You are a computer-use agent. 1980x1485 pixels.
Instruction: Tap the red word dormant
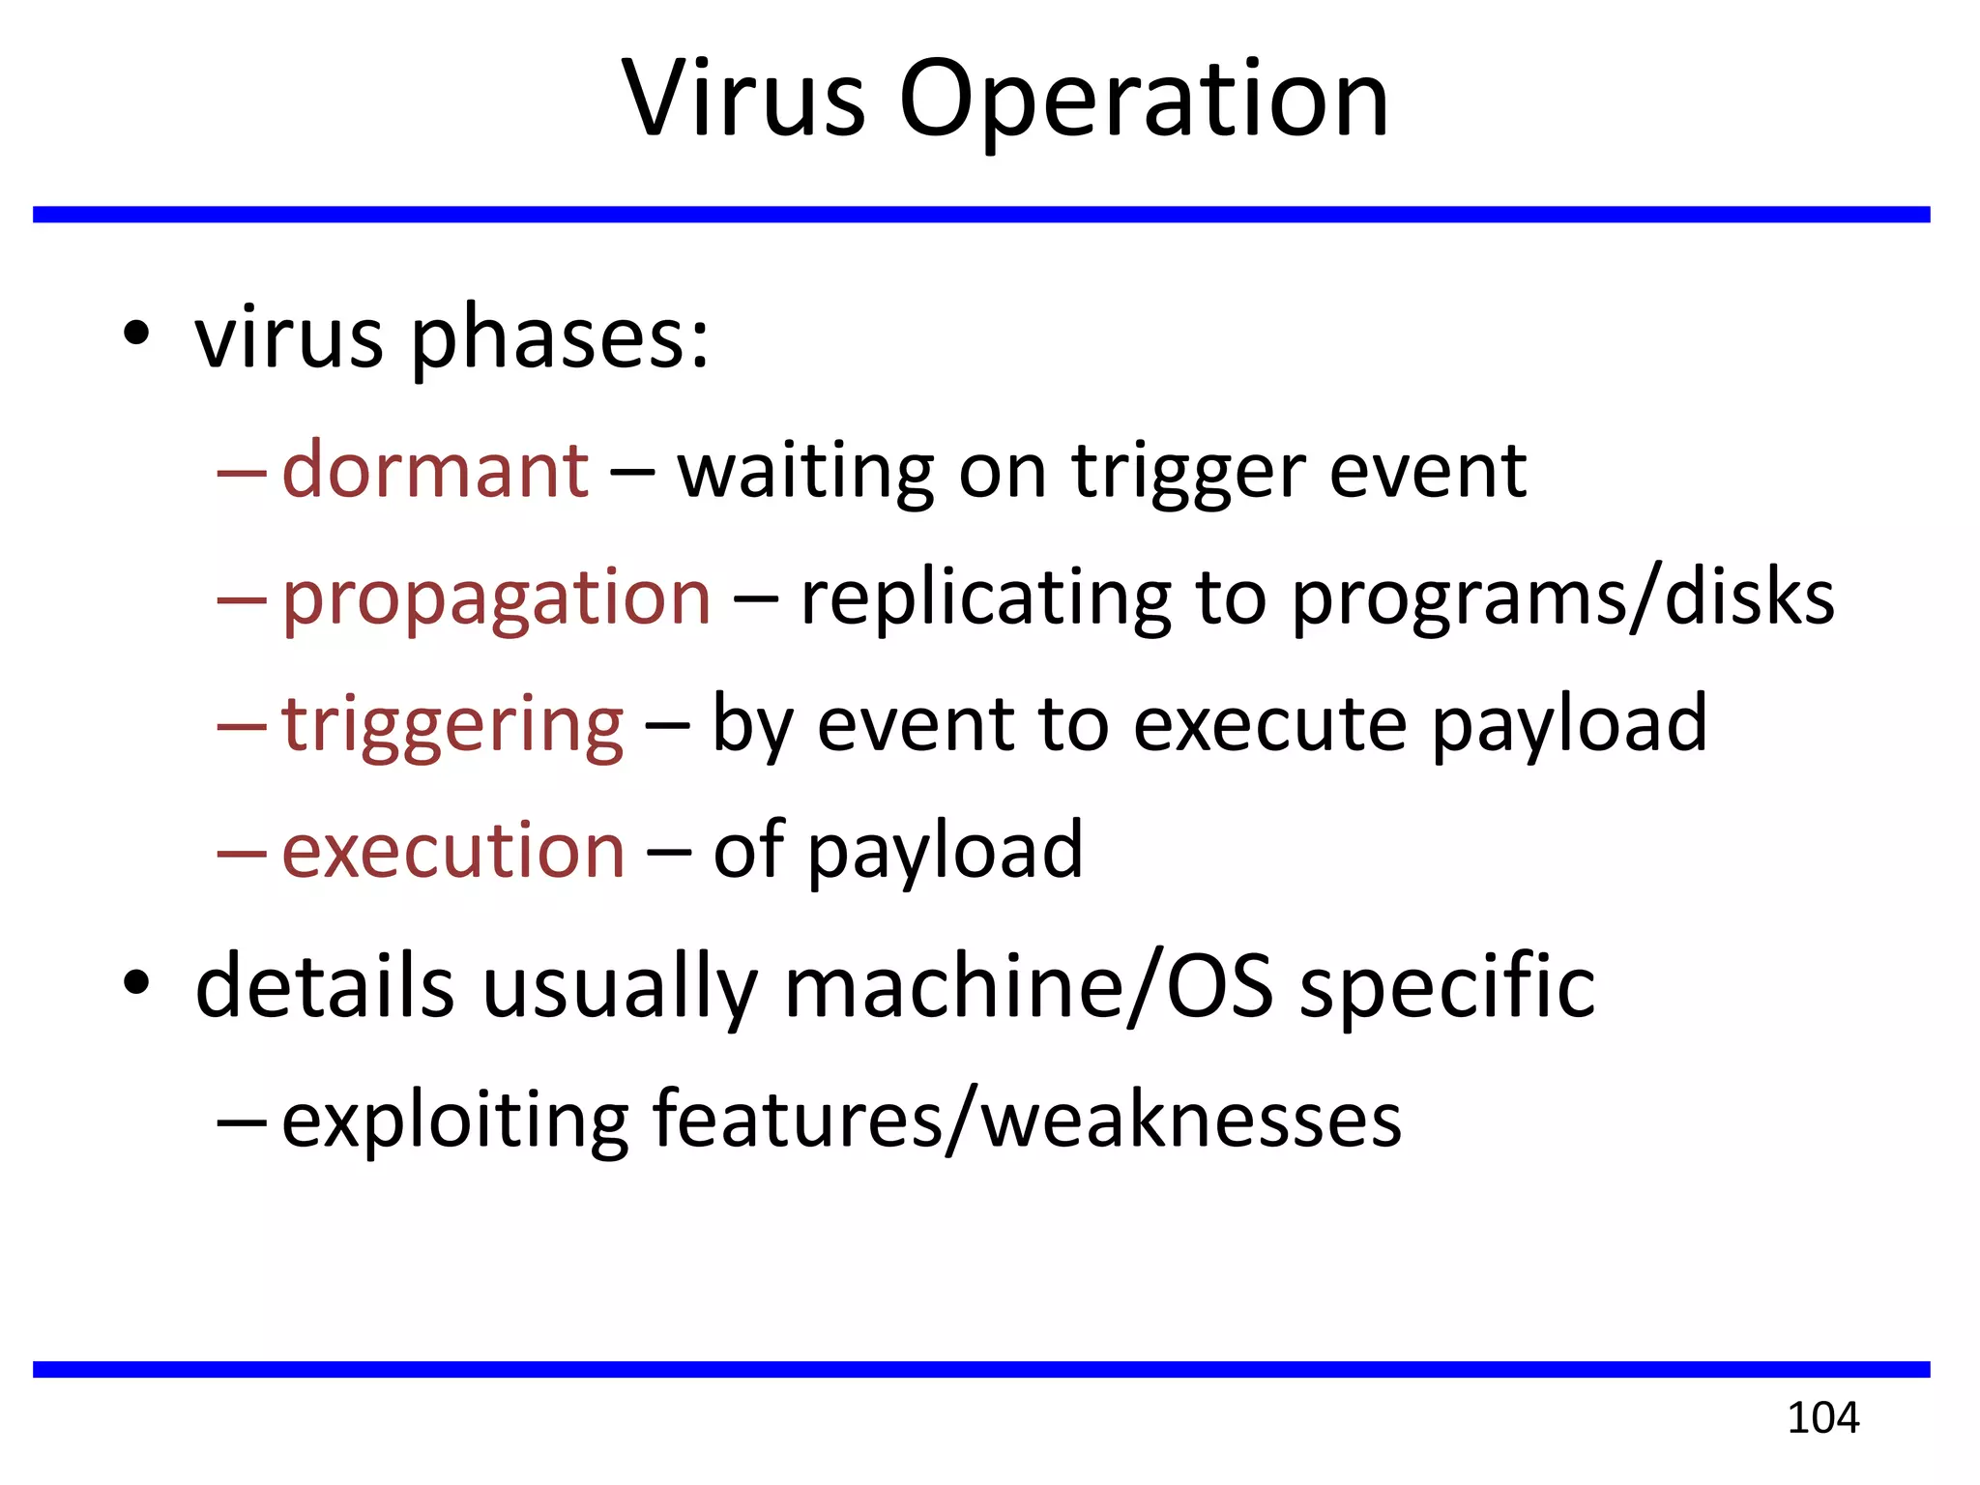click(435, 471)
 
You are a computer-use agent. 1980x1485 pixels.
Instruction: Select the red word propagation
click(496, 598)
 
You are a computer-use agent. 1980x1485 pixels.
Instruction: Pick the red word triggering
click(452, 725)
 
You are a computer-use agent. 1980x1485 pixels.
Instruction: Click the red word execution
click(453, 851)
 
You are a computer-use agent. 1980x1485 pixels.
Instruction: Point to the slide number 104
click(1822, 1418)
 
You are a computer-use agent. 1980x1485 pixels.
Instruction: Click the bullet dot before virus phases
click(136, 334)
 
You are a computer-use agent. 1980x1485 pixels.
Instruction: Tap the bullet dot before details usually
click(136, 983)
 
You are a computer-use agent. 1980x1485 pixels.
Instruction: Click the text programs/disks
click(1562, 598)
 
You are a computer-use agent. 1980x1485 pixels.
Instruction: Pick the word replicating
click(985, 598)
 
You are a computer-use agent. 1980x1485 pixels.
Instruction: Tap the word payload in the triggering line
click(1568, 725)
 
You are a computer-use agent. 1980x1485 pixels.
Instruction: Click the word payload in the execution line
click(945, 851)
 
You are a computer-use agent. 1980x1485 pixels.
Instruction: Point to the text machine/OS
click(1029, 986)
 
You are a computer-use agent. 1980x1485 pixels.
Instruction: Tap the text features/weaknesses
click(1027, 1120)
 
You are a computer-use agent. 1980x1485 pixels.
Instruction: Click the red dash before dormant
click(241, 474)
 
